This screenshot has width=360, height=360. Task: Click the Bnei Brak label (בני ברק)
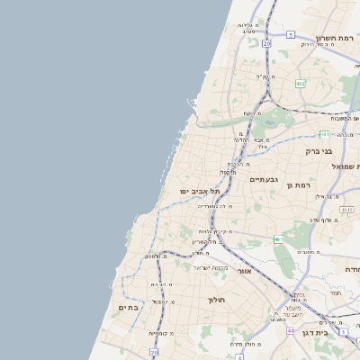tap(319, 151)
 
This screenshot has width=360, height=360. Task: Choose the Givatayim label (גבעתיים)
tap(262, 179)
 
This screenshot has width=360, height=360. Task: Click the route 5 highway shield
tap(290, 34)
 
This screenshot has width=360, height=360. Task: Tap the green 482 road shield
tap(300, 83)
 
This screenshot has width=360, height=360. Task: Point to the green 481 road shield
tap(346, 209)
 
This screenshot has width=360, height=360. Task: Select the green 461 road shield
tap(279, 239)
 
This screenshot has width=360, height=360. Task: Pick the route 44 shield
tap(290, 330)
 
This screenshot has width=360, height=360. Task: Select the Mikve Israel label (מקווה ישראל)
tap(212, 266)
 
